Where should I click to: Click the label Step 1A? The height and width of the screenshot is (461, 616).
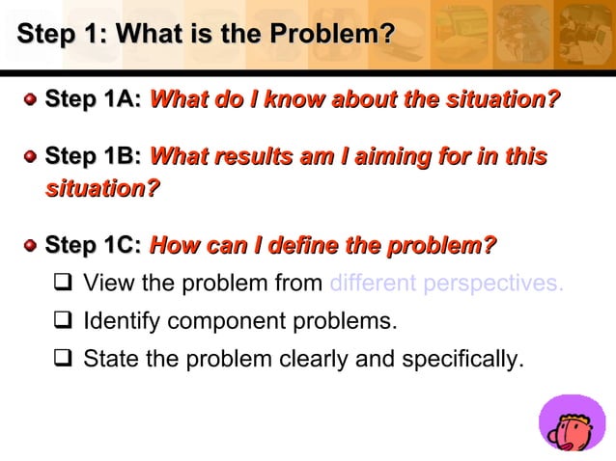coord(94,99)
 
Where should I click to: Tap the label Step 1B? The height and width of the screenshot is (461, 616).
coord(94,156)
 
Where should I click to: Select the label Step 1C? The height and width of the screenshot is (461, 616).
coord(94,246)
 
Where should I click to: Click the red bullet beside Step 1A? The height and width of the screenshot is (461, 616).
coord(31,99)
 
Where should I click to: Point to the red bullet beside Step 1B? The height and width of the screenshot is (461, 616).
coord(31,156)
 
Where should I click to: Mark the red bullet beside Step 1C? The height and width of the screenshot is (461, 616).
coord(31,246)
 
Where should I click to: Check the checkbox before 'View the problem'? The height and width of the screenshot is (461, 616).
coord(64,284)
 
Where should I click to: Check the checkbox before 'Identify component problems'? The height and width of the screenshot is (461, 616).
coord(64,321)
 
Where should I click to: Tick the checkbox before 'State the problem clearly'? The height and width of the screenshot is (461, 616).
coord(64,361)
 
